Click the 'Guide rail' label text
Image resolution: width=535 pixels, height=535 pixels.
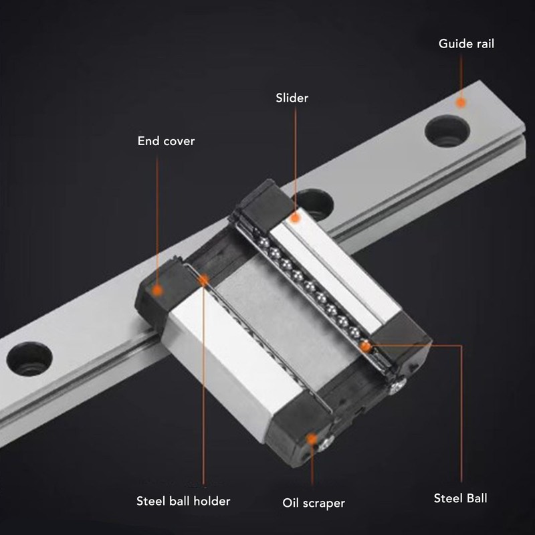coord(466,44)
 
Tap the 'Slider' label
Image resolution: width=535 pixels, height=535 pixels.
coord(292,98)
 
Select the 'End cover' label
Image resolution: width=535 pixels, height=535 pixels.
coord(166,141)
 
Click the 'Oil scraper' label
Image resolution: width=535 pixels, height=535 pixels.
coord(314,502)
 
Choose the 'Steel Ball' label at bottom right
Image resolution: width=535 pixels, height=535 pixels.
coord(461,498)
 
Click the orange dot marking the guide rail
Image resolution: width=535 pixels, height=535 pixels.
coord(460,102)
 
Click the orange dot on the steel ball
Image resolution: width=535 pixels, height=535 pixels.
coord(366,346)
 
